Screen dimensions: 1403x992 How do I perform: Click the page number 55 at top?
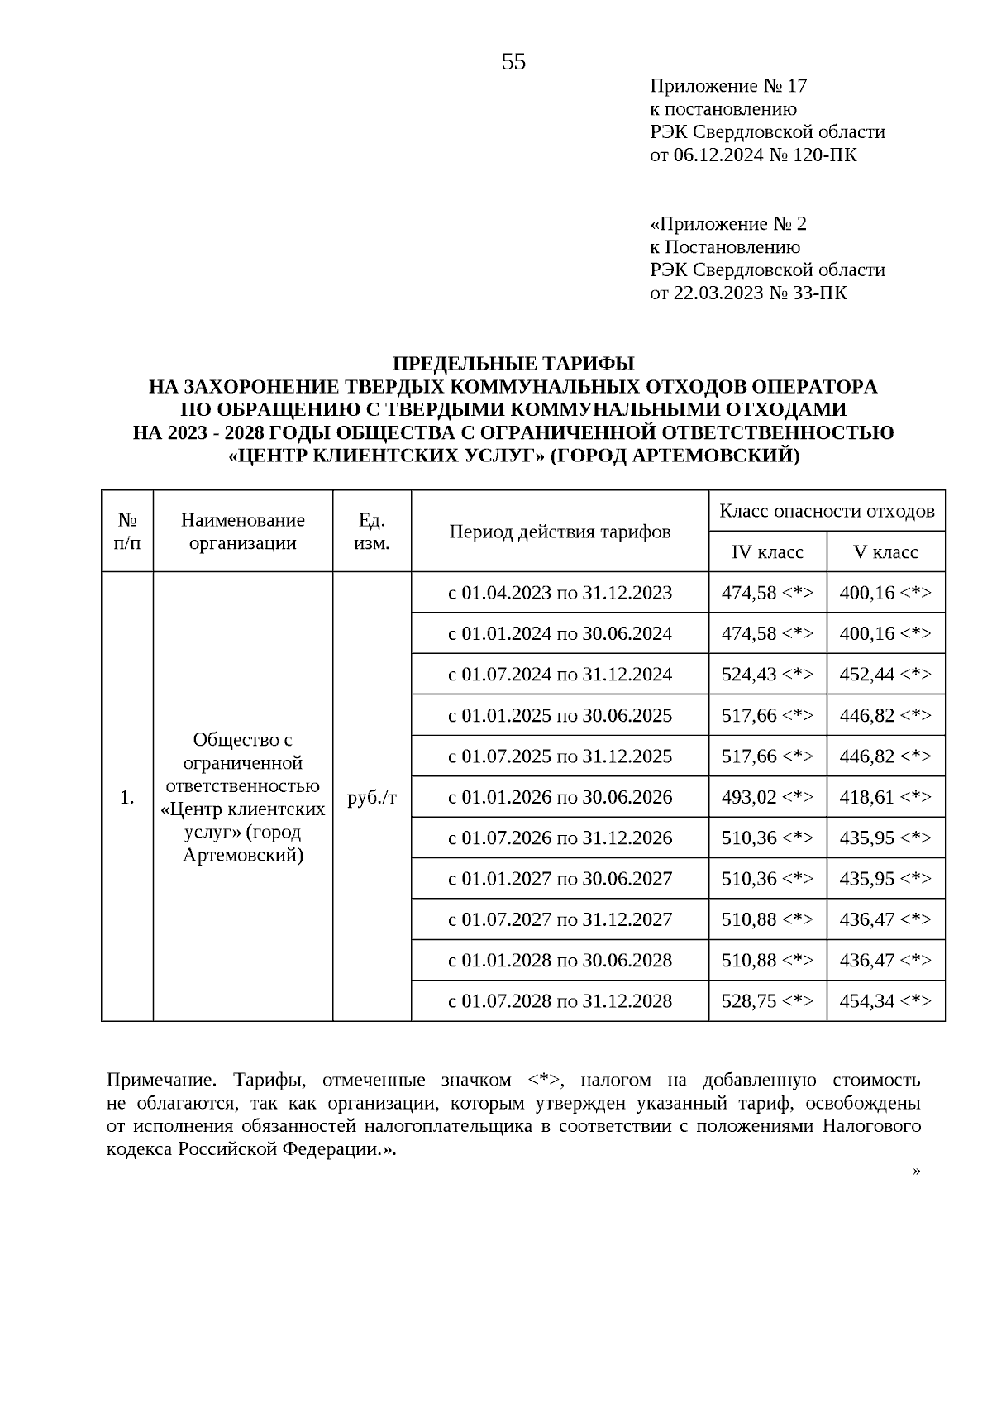tap(513, 62)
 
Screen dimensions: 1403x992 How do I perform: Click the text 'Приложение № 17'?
tap(727, 86)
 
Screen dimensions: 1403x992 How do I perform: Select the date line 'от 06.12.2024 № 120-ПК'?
tap(753, 155)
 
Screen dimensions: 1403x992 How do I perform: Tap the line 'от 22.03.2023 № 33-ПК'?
tap(748, 293)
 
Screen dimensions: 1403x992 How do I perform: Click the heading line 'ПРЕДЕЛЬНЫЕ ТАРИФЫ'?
tap(513, 364)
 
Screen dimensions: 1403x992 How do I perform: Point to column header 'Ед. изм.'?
tap(372, 532)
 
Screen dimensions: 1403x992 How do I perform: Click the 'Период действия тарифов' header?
tap(560, 532)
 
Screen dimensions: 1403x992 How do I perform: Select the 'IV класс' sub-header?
tap(767, 552)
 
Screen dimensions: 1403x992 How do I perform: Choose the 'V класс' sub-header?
tap(885, 552)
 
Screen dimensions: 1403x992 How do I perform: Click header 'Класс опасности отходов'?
tap(827, 511)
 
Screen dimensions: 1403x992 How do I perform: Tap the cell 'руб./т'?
tap(372, 798)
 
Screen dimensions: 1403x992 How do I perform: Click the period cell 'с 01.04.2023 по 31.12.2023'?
tap(560, 593)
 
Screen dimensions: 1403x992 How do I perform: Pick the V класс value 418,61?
tap(885, 797)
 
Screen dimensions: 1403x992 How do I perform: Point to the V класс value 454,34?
tap(885, 1001)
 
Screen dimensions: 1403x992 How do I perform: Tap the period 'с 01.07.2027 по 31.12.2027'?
tap(560, 919)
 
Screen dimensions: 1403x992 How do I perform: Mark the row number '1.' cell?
tap(126, 798)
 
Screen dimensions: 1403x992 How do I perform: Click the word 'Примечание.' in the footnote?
tap(160, 1081)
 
